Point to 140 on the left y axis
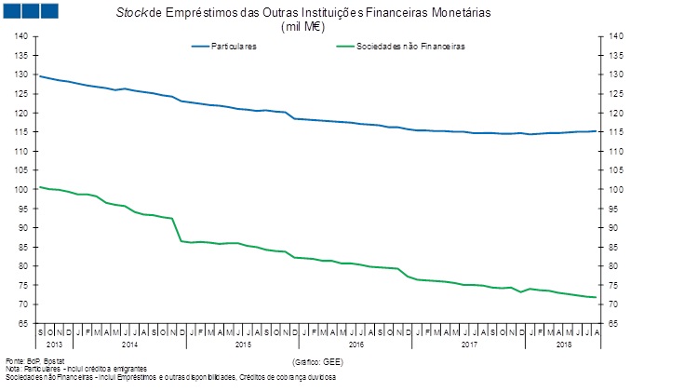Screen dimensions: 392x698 click(x=22, y=36)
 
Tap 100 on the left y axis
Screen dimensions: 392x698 click(x=22, y=190)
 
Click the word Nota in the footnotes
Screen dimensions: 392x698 click(x=14, y=369)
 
